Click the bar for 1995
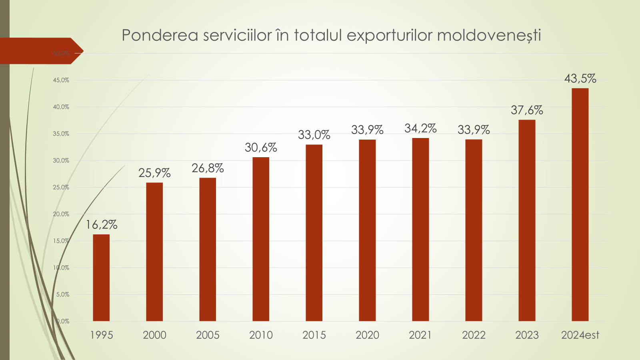tap(101, 278)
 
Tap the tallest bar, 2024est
tap(580, 204)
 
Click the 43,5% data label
tap(580, 78)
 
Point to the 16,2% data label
tap(102, 225)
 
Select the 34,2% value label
tap(420, 128)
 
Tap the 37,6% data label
tap(527, 110)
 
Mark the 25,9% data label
tap(154, 173)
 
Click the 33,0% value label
tap(314, 135)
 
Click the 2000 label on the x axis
tap(154, 335)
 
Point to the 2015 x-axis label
tap(314, 335)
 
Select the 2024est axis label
tap(580, 335)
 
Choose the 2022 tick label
tap(474, 335)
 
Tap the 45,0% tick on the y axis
tap(61, 80)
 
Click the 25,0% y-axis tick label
tap(61, 187)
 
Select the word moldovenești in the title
tap(489, 35)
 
